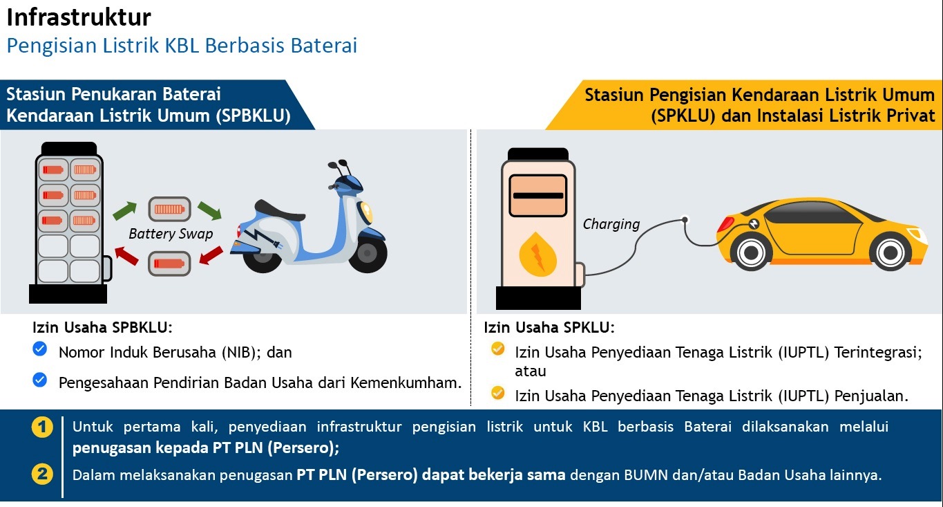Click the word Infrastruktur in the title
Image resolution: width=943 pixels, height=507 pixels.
79,17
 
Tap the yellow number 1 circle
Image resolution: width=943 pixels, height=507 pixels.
42,427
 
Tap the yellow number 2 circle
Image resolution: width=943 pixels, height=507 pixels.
42,474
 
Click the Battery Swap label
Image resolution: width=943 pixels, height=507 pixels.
171,234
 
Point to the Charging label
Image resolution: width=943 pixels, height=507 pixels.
611,224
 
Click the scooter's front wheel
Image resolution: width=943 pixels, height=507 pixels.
368,253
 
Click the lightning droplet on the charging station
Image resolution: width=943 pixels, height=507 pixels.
537,254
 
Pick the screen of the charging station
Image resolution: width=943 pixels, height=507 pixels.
538,196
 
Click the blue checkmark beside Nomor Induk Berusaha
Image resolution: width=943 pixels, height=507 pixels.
40,349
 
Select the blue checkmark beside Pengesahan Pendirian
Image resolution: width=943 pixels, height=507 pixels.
40,380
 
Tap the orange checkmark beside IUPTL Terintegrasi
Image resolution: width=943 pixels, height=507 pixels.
497,349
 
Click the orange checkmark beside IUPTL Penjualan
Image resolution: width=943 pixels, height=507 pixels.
497,393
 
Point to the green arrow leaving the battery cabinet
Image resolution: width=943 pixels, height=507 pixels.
124,210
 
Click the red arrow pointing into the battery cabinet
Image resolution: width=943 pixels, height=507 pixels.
126,256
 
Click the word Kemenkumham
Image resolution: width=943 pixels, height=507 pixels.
406,382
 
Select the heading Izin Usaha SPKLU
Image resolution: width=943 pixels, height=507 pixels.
549,327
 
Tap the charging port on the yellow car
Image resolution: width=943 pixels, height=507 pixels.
754,224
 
